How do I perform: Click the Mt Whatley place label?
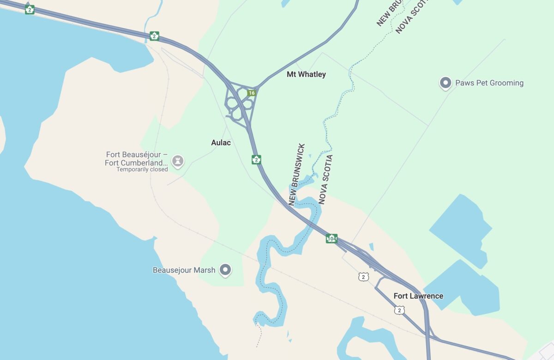pyautogui.click(x=306, y=74)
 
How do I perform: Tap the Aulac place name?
pyautogui.click(x=221, y=143)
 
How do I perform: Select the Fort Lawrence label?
pyautogui.click(x=418, y=296)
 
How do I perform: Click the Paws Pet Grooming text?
pyautogui.click(x=489, y=83)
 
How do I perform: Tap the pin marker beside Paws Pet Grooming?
pyautogui.click(x=446, y=83)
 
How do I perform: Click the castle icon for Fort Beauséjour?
pyautogui.click(x=177, y=161)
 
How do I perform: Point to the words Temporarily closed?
pyautogui.click(x=142, y=169)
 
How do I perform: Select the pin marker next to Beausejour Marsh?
pyautogui.click(x=225, y=270)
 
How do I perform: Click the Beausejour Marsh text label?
pyautogui.click(x=184, y=270)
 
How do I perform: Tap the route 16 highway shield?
pyautogui.click(x=251, y=93)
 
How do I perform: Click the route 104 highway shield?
pyautogui.click(x=331, y=239)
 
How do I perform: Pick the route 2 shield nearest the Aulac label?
pyautogui.click(x=256, y=160)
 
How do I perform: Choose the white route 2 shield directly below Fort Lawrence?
pyautogui.click(x=399, y=310)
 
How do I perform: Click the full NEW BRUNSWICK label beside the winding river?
pyautogui.click(x=297, y=174)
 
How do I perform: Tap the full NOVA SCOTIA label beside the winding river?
pyautogui.click(x=326, y=180)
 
